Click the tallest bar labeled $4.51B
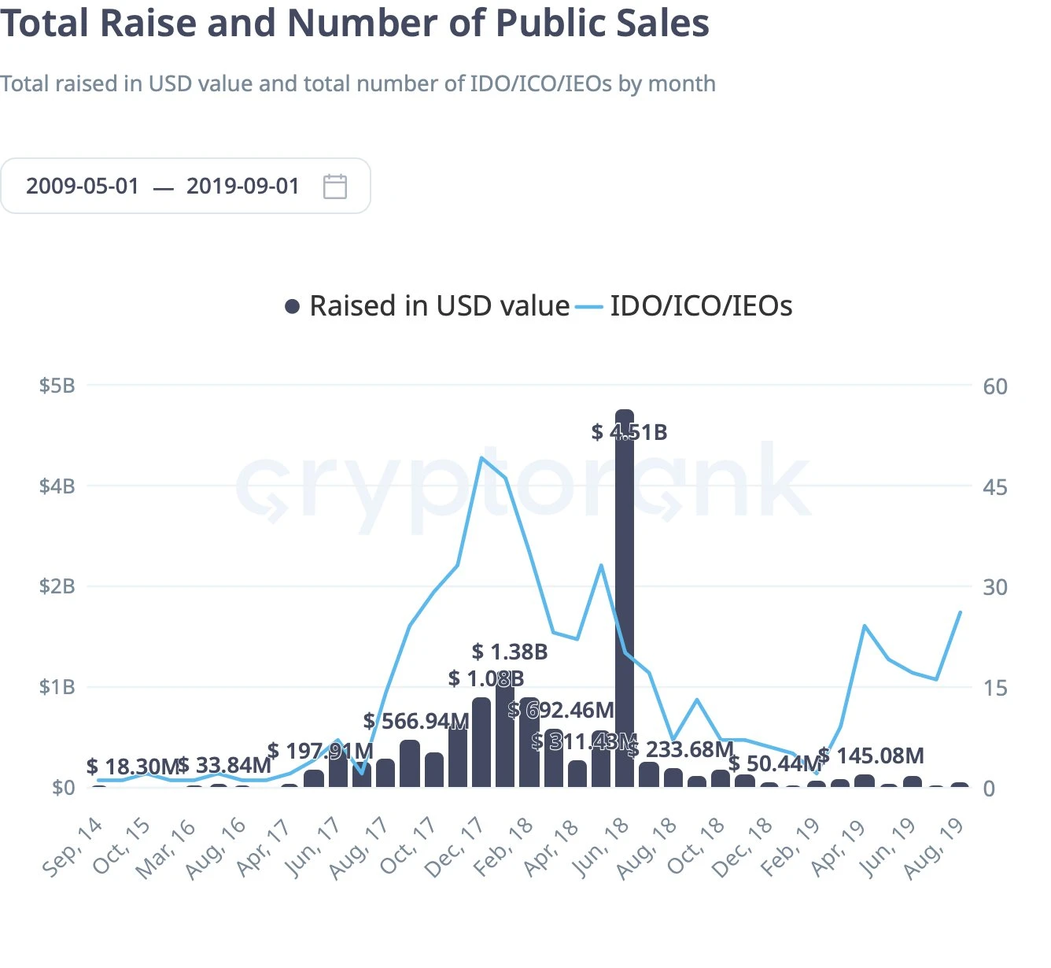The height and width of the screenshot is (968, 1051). pyautogui.click(x=625, y=598)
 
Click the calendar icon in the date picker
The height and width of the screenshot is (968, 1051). pyautogui.click(x=335, y=187)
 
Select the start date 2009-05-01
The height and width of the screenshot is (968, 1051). pyautogui.click(x=83, y=187)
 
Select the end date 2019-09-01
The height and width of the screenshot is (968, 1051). pyautogui.click(x=243, y=187)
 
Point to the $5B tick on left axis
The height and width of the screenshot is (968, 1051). pyautogui.click(x=57, y=386)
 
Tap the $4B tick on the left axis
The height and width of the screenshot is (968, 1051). pyautogui.click(x=57, y=486)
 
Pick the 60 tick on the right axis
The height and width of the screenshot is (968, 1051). pyautogui.click(x=994, y=386)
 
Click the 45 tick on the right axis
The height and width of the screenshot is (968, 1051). pyautogui.click(x=994, y=487)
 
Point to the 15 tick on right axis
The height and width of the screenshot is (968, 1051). pyautogui.click(x=994, y=688)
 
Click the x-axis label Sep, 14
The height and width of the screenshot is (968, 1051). pyautogui.click(x=73, y=847)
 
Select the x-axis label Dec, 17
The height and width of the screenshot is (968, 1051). pyautogui.click(x=455, y=847)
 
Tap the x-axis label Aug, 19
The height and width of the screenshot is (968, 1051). pyautogui.click(x=935, y=847)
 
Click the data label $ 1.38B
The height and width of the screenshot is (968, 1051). pyautogui.click(x=510, y=652)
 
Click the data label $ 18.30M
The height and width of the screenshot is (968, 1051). pyautogui.click(x=132, y=767)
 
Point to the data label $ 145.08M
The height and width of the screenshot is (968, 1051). pyautogui.click(x=871, y=756)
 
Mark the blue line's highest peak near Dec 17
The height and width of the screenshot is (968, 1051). pyautogui.click(x=481, y=457)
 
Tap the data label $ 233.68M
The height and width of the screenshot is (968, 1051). pyautogui.click(x=681, y=749)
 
